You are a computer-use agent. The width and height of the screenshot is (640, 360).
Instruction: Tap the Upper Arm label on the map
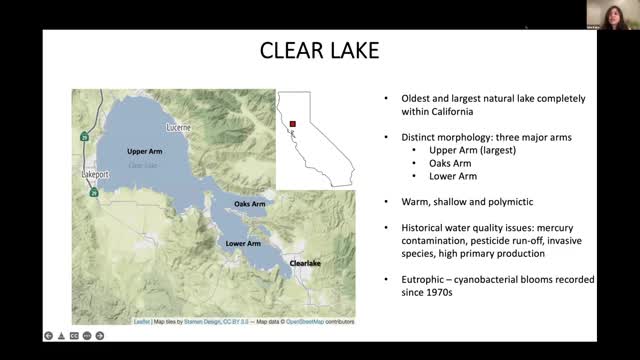click(x=144, y=151)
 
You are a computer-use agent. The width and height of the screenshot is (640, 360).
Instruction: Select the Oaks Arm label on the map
click(x=250, y=204)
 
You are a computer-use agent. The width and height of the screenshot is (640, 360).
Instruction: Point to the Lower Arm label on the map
click(x=243, y=243)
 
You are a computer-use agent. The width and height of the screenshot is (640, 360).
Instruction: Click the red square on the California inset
click(x=295, y=125)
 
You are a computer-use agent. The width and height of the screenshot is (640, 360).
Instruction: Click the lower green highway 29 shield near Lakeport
click(x=93, y=193)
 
